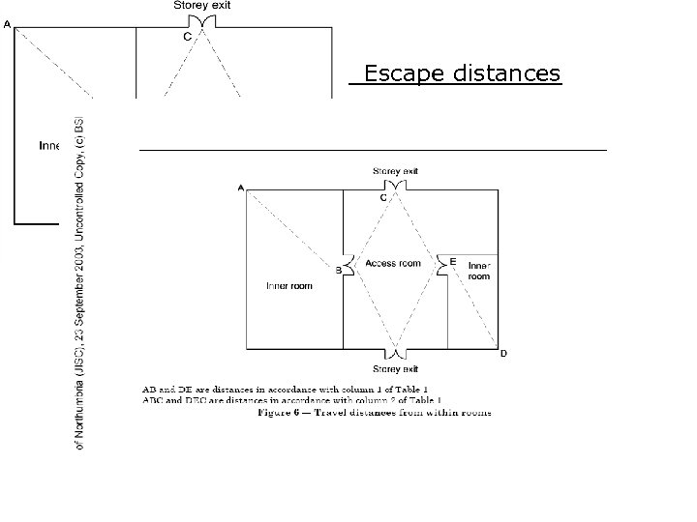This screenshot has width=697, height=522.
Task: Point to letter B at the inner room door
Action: [x=338, y=271]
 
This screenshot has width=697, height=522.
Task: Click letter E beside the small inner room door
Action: [x=453, y=261]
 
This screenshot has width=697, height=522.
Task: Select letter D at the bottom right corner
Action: [x=502, y=354]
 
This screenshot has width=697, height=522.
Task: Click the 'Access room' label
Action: [x=393, y=263]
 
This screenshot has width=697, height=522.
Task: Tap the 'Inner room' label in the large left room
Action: [x=288, y=285]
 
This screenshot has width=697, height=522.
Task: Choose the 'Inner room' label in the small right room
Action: [x=478, y=271]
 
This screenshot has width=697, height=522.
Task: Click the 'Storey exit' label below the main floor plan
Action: [x=396, y=369]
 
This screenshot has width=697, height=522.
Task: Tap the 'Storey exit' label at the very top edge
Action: [x=202, y=6]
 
